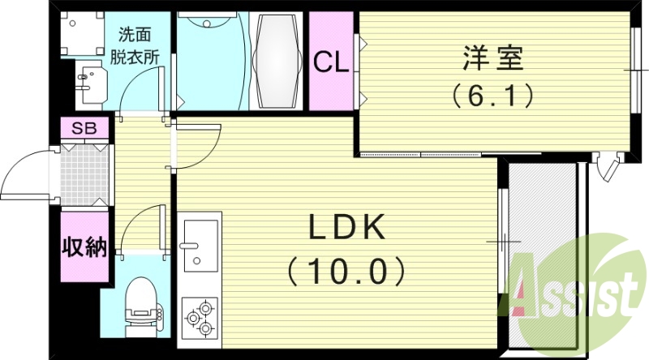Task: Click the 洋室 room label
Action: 492,58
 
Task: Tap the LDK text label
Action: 347,227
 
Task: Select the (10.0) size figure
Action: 346,271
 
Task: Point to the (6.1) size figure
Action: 492,96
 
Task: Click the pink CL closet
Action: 331,61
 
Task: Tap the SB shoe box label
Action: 84,128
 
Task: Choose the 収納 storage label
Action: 85,247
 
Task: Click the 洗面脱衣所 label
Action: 135,46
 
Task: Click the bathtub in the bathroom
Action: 276,62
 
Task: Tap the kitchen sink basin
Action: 200,246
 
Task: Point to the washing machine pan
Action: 82,33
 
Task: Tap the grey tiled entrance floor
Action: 86,175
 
